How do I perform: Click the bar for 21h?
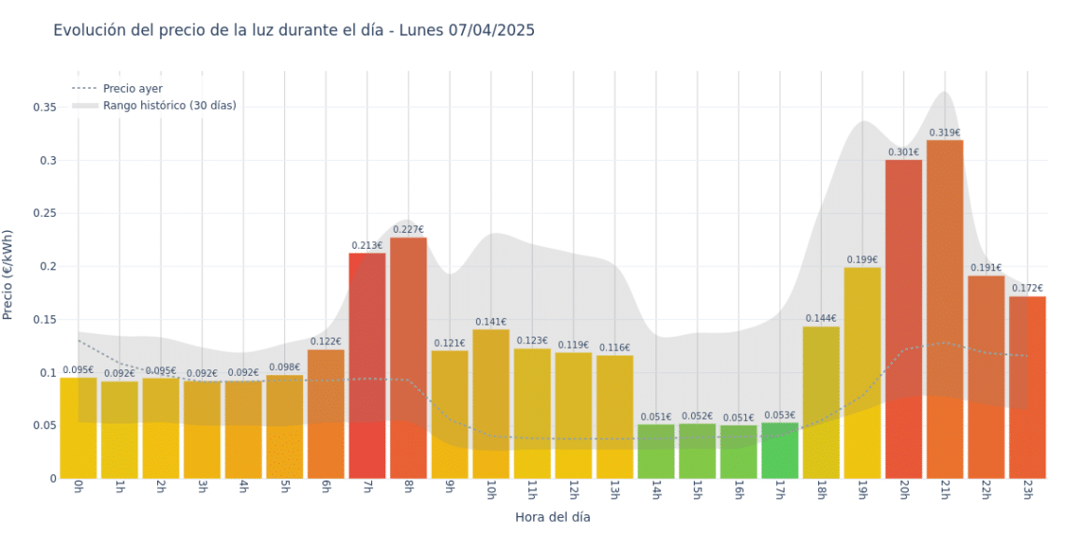coord(944,309)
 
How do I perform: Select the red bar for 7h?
coord(367,365)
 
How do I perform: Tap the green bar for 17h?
coord(780,451)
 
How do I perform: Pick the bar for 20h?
coord(903,318)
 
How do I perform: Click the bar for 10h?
coord(491,403)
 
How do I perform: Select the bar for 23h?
coord(1027,387)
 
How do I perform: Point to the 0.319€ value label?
coord(944,133)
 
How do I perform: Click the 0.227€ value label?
coord(408,229)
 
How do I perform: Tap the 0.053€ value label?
coord(780,415)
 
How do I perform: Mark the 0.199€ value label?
coord(862,259)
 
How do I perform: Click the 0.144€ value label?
coord(821,318)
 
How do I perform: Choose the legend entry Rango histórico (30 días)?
coord(169,106)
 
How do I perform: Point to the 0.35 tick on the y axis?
coord(44,108)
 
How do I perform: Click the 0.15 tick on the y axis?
coord(44,320)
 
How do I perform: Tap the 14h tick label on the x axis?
coord(655,492)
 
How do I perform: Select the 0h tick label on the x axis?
coord(78,490)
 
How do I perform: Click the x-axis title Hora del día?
coord(553,516)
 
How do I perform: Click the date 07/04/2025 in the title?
coord(491,30)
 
